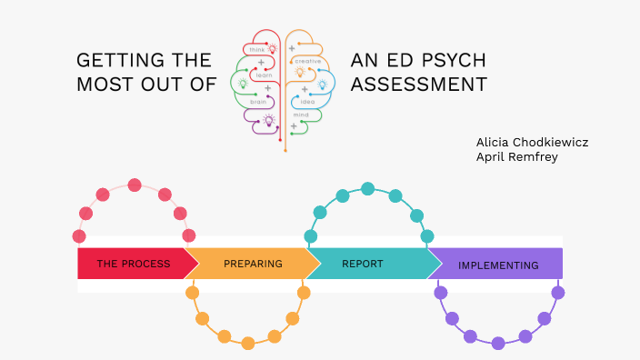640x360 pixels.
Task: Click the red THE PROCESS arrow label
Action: [133, 264]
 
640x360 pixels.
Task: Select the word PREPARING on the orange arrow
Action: [252, 264]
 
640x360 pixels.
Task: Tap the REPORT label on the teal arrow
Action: [362, 264]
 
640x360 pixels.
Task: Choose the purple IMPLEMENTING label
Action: [498, 265]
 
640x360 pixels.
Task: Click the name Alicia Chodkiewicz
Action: [532, 142]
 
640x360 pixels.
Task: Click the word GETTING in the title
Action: [115, 61]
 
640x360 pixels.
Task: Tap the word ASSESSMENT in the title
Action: [418, 85]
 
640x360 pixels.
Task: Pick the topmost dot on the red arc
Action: [135, 185]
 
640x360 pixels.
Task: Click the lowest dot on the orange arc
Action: [248, 343]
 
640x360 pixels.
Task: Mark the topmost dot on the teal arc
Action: [368, 189]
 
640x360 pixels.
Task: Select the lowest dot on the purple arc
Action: [498, 343]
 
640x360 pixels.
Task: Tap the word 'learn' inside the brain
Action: [264, 75]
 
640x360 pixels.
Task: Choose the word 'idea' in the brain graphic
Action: [307, 101]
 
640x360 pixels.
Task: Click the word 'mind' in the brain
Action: [302, 115]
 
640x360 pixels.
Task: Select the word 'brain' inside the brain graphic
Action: [258, 102]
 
